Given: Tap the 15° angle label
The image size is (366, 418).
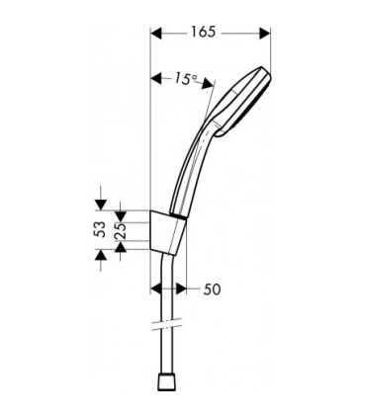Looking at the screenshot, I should [x=184, y=78].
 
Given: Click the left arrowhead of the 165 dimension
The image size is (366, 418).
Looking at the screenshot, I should [x=156, y=34].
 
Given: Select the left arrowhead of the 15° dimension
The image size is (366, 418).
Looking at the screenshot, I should [x=155, y=78].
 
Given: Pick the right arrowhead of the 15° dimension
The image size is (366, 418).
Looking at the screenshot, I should [x=210, y=87].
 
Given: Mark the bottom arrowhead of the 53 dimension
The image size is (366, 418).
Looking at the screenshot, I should [x=100, y=252].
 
